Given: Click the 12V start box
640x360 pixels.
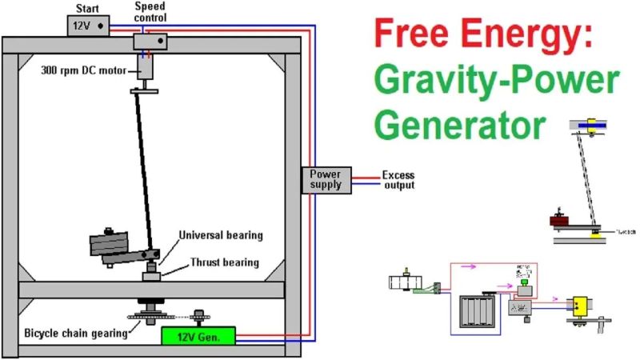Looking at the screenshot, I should coord(87,26).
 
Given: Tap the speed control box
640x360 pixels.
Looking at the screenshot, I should coord(150,40).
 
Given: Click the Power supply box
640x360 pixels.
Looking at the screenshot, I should coord(324,179).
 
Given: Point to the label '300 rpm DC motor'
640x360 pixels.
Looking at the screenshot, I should coord(84,69).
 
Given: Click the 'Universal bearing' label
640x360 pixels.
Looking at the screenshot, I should coord(221,235).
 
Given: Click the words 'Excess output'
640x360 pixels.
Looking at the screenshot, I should coord(398,180).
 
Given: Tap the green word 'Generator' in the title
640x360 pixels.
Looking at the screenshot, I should coord(462,126).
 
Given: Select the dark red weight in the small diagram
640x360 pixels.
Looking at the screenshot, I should coord(558,221).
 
